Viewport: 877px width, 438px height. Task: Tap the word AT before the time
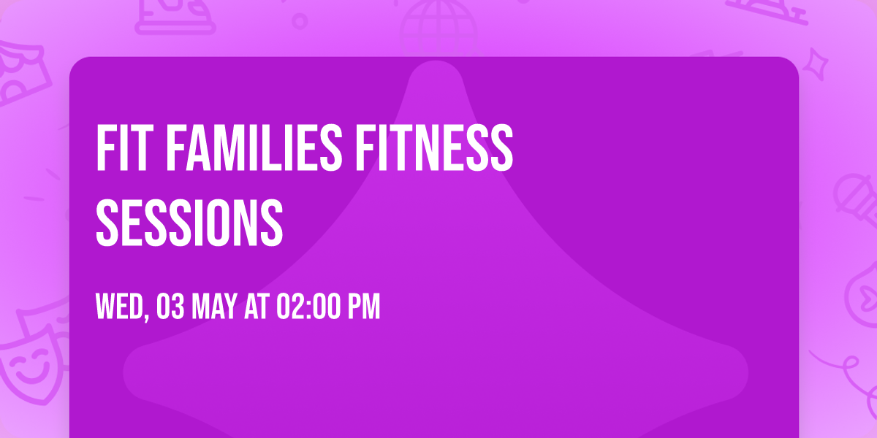click(257, 307)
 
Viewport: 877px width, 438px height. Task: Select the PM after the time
click(364, 307)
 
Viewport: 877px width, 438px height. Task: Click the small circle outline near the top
click(300, 20)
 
